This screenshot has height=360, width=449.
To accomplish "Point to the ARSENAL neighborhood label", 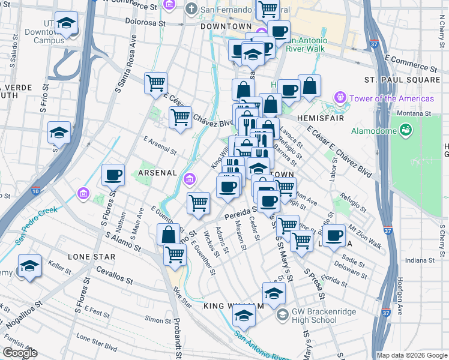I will pos(158,173).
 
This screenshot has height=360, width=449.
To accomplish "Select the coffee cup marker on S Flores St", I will pos(113,176).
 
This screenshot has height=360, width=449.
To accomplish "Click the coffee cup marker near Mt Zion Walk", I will pos(335,235).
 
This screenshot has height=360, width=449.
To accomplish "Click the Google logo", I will pos(20,353).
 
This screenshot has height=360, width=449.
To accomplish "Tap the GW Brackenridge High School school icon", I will pos(282,315).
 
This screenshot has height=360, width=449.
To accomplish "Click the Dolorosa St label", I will pos(145,22).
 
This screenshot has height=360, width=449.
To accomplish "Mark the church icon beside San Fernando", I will pos(191,8).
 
